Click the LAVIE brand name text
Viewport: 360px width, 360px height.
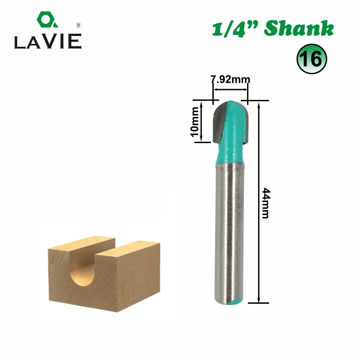click(x=48, y=41)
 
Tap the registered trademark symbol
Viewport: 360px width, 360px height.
click(x=78, y=25)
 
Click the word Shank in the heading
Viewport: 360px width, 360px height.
click(x=299, y=28)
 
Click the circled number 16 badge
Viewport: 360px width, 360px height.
click(x=311, y=59)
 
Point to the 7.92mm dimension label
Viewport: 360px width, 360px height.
click(x=230, y=80)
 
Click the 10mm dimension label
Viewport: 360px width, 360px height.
click(x=194, y=121)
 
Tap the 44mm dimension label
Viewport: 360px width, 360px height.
click(x=266, y=203)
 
